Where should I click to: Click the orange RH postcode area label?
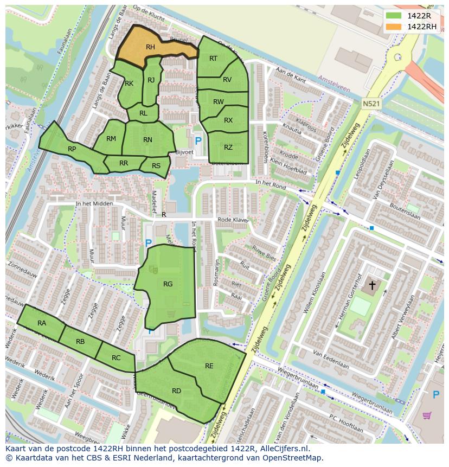[150, 47]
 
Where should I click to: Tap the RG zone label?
[168, 284]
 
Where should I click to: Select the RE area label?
[209, 366]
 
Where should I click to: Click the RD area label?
[176, 391]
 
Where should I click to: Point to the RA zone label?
[42, 323]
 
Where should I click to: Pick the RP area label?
[72, 149]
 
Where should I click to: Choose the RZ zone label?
[228, 147]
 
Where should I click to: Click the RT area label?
[213, 59]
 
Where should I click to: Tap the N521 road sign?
[371, 103]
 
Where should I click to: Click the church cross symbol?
[372, 284]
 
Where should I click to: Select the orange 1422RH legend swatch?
[394, 27]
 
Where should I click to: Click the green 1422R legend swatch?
[394, 16]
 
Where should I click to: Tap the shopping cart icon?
[427, 416]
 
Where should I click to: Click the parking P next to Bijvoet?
[198, 141]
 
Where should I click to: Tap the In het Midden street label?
[94, 204]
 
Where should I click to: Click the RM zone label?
[111, 139]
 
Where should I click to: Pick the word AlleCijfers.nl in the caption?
[283, 449]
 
